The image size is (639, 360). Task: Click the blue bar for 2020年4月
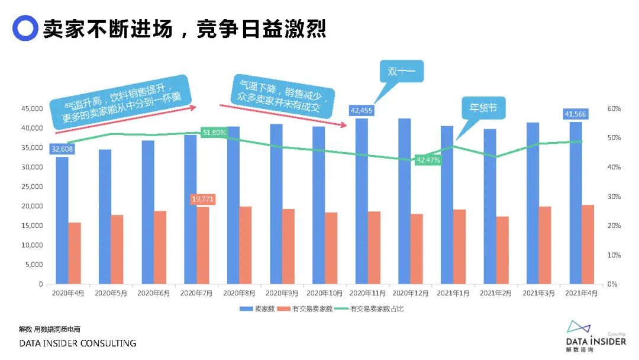point(62,222)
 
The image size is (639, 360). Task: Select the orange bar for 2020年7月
point(202,246)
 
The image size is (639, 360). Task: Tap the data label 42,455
point(361,110)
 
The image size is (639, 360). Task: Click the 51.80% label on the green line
point(214,133)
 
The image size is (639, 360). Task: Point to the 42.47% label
point(428,160)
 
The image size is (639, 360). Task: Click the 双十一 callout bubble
point(402,72)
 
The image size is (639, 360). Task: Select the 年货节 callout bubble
point(483,108)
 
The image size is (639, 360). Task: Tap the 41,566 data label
point(575,114)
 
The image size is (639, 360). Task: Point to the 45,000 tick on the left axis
point(33,109)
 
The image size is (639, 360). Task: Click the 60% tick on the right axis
point(613,109)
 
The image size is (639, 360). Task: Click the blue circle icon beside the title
point(25,28)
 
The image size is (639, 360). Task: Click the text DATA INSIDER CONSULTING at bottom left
point(78,343)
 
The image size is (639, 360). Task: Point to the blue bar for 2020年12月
point(405,201)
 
